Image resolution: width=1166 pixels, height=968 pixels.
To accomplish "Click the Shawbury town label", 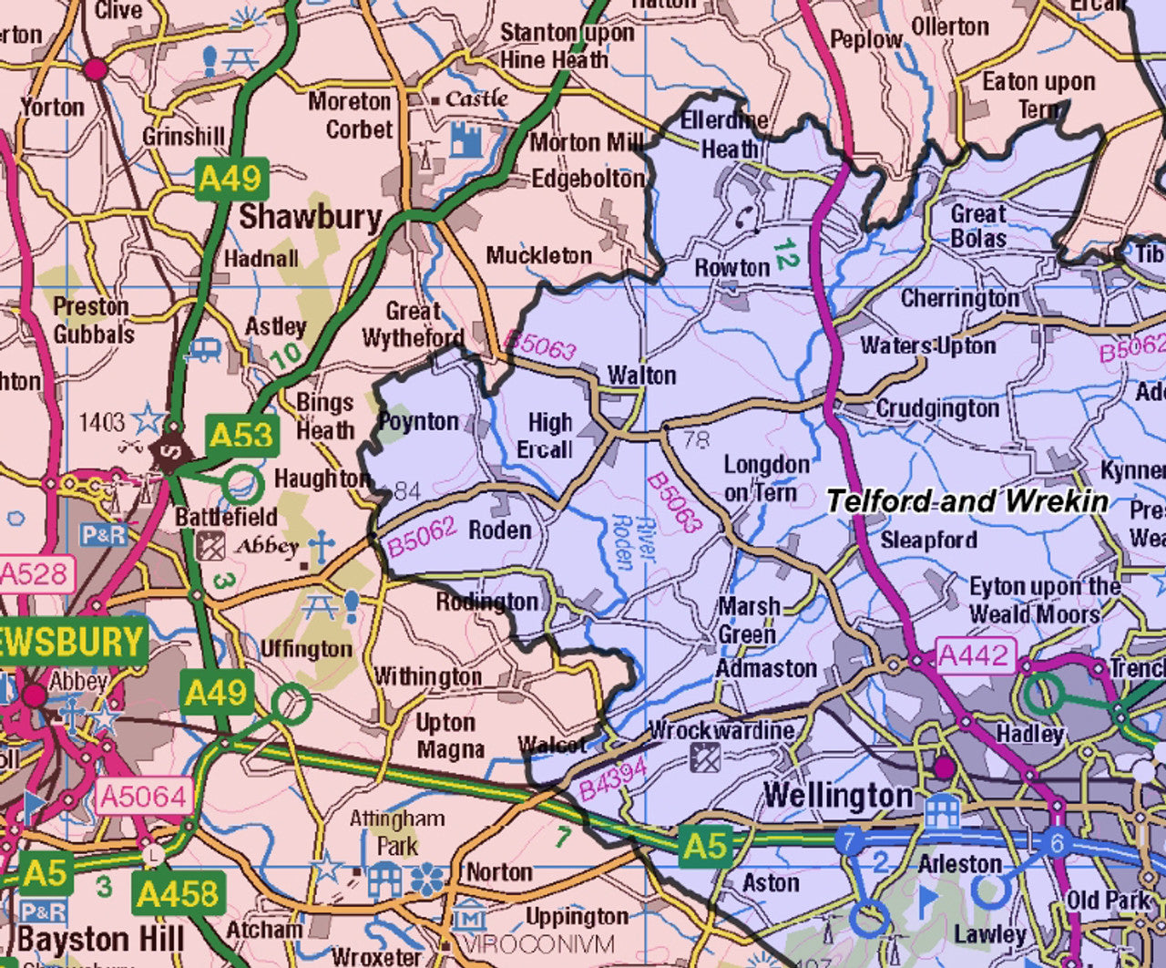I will (x=310, y=217).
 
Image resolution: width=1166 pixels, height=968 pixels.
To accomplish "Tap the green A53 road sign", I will (x=241, y=435).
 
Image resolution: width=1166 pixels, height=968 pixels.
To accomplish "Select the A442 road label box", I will (x=974, y=655).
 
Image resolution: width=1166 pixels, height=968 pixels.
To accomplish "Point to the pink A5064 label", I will (x=143, y=797).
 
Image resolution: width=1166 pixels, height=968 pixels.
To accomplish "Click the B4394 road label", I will (x=612, y=777).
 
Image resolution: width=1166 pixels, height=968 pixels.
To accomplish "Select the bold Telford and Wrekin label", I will (x=967, y=501).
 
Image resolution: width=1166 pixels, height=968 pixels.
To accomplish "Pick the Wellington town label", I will (x=838, y=795).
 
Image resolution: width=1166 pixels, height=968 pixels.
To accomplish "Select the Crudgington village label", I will (x=936, y=409).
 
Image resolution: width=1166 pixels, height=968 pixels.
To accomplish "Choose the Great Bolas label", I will (x=978, y=226).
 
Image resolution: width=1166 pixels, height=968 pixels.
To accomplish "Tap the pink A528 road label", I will (x=34, y=574).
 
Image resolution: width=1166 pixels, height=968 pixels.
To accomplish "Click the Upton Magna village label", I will (x=448, y=736).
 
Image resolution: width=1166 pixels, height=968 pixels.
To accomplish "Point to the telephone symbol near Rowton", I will (x=747, y=217).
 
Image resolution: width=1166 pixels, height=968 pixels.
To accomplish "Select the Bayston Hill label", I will (x=100, y=939).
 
